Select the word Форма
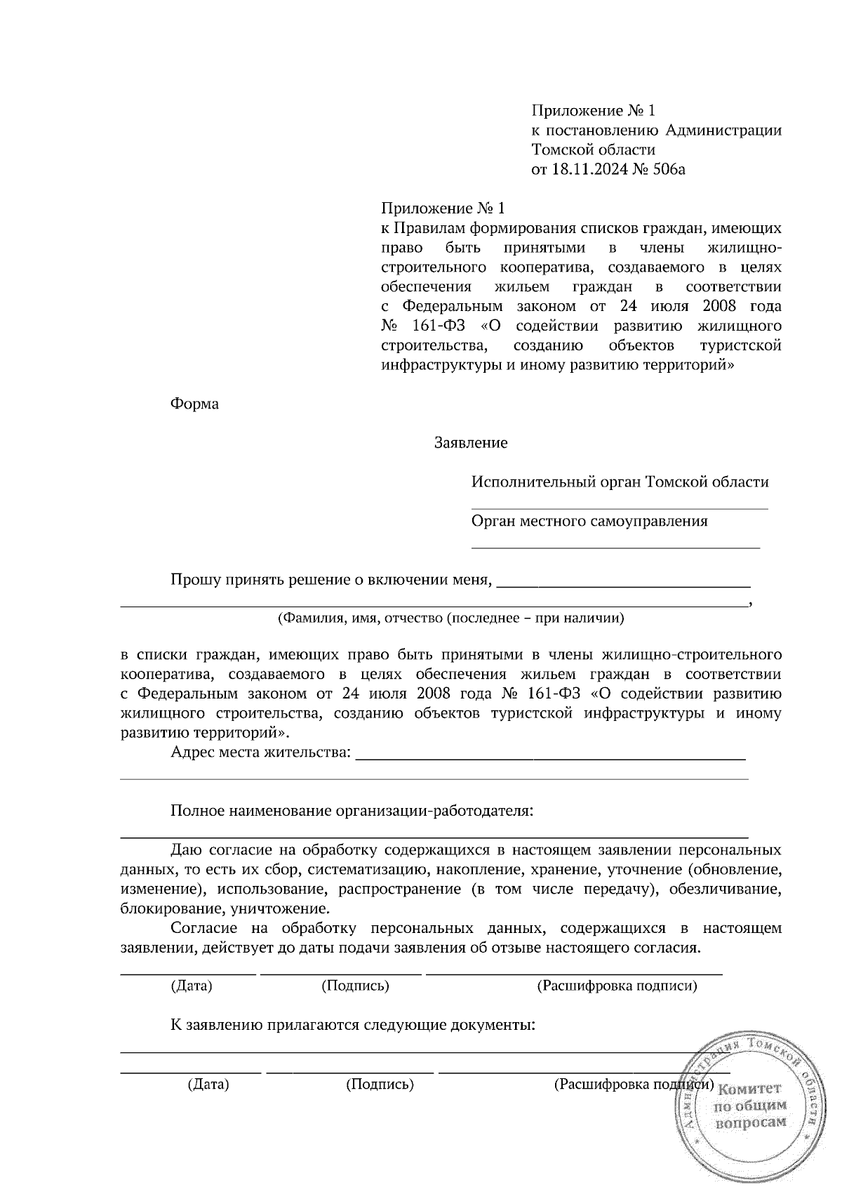194,404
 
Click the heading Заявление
471,444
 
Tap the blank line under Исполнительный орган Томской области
619,507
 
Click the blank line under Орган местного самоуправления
615,545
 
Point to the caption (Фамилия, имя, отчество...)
450,618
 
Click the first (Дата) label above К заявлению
192,986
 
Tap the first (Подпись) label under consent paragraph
355,986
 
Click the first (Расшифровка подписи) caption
617,986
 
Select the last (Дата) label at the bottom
208,1085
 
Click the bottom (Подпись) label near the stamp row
380,1085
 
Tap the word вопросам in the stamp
749,1123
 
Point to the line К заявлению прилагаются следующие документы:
353,1026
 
